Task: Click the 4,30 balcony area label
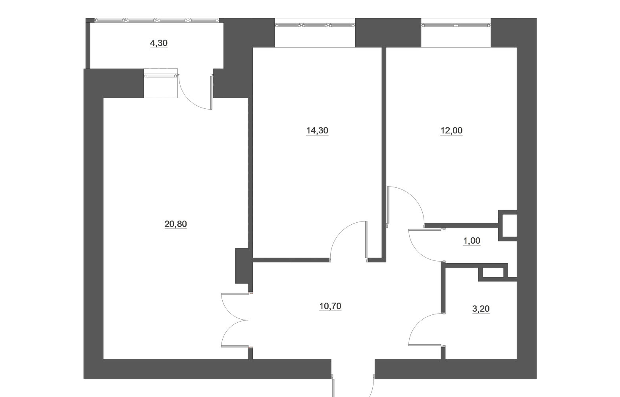[159, 43]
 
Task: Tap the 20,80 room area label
[176, 224]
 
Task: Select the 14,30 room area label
[317, 130]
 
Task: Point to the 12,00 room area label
[451, 130]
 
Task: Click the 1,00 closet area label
[472, 241]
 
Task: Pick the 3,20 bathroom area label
[481, 309]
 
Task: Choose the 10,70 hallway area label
[330, 306]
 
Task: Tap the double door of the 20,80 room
[235, 320]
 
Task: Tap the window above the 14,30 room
[315, 25]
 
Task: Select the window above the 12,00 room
[456, 25]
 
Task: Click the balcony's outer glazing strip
[157, 20]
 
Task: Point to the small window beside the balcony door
[161, 75]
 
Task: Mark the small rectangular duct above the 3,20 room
[493, 273]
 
